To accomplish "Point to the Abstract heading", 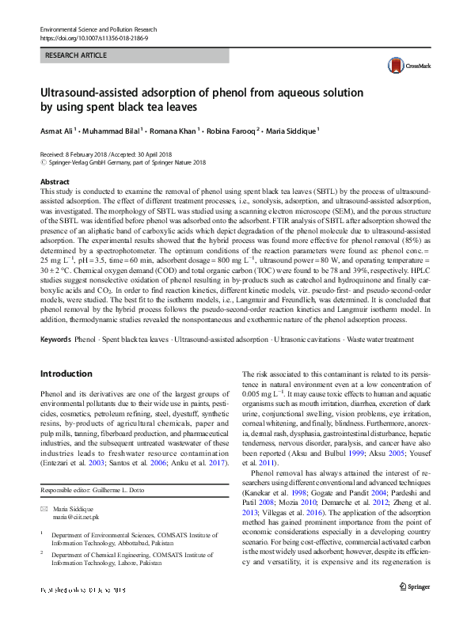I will coord(55,182).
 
